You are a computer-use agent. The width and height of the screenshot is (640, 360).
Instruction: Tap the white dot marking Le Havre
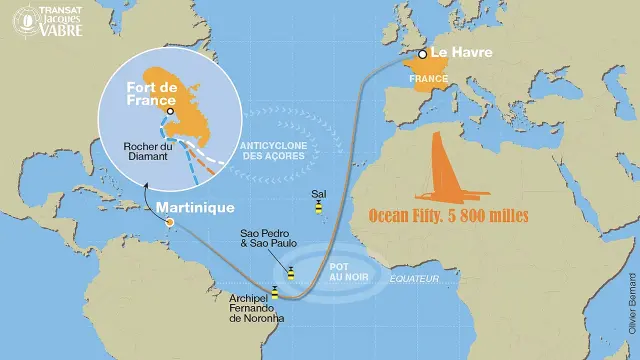[424, 54]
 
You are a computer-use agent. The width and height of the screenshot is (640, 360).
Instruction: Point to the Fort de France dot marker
[170, 111]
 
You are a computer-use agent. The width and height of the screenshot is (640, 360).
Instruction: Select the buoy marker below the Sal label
[318, 208]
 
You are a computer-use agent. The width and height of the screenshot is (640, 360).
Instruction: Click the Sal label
[318, 191]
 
